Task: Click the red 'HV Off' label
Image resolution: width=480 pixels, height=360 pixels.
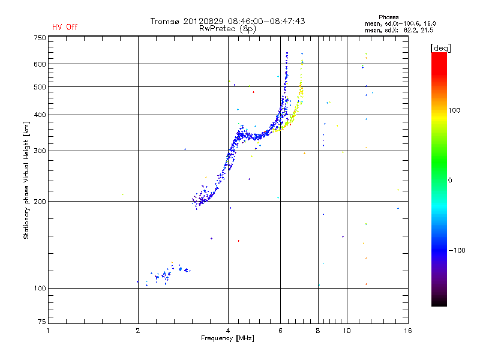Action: point(65,27)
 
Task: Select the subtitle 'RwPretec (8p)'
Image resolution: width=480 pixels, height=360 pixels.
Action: point(227,28)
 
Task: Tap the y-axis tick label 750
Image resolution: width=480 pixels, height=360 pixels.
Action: point(40,38)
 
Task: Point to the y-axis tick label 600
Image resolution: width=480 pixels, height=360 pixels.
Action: point(40,64)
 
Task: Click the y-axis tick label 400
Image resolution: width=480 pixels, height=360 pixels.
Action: point(40,115)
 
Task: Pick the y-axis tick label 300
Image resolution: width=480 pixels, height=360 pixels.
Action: point(40,151)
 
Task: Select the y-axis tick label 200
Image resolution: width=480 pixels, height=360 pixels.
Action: point(40,202)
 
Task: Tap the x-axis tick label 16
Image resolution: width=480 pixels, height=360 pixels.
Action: point(407,331)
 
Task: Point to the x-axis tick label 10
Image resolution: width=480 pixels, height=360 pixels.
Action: point(347,331)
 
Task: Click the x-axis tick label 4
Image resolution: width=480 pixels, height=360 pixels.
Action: point(228,331)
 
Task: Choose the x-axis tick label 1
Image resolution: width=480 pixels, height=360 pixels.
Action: point(49,331)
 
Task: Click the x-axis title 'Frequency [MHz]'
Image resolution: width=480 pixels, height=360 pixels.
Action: point(227,339)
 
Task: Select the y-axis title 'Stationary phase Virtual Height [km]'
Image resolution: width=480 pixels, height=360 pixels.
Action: point(26,180)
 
